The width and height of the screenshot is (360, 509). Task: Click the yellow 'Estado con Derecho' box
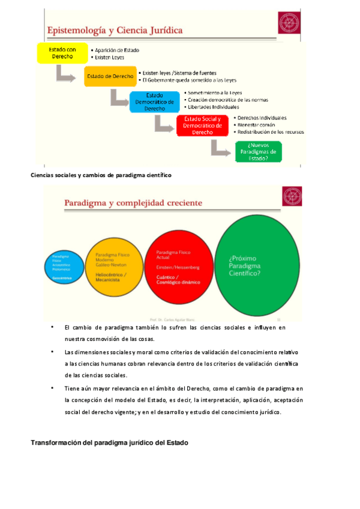pyautogui.click(x=62, y=53)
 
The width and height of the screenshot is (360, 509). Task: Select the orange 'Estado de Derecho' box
pyautogui.click(x=110, y=76)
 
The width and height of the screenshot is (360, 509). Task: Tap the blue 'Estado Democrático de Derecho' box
pyautogui.click(x=155, y=101)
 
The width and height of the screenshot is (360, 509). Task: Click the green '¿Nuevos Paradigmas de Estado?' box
pyautogui.click(x=259, y=151)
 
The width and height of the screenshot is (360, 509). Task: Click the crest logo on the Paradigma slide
pyautogui.click(x=293, y=197)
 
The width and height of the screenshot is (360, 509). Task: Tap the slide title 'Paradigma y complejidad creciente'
pyautogui.click(x=133, y=203)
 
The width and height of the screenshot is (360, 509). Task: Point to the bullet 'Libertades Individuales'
pyautogui.click(x=219, y=107)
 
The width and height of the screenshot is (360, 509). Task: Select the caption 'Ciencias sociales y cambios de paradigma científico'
pyautogui.click(x=101, y=175)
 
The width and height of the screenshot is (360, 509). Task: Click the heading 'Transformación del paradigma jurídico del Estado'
pyautogui.click(x=109, y=442)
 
